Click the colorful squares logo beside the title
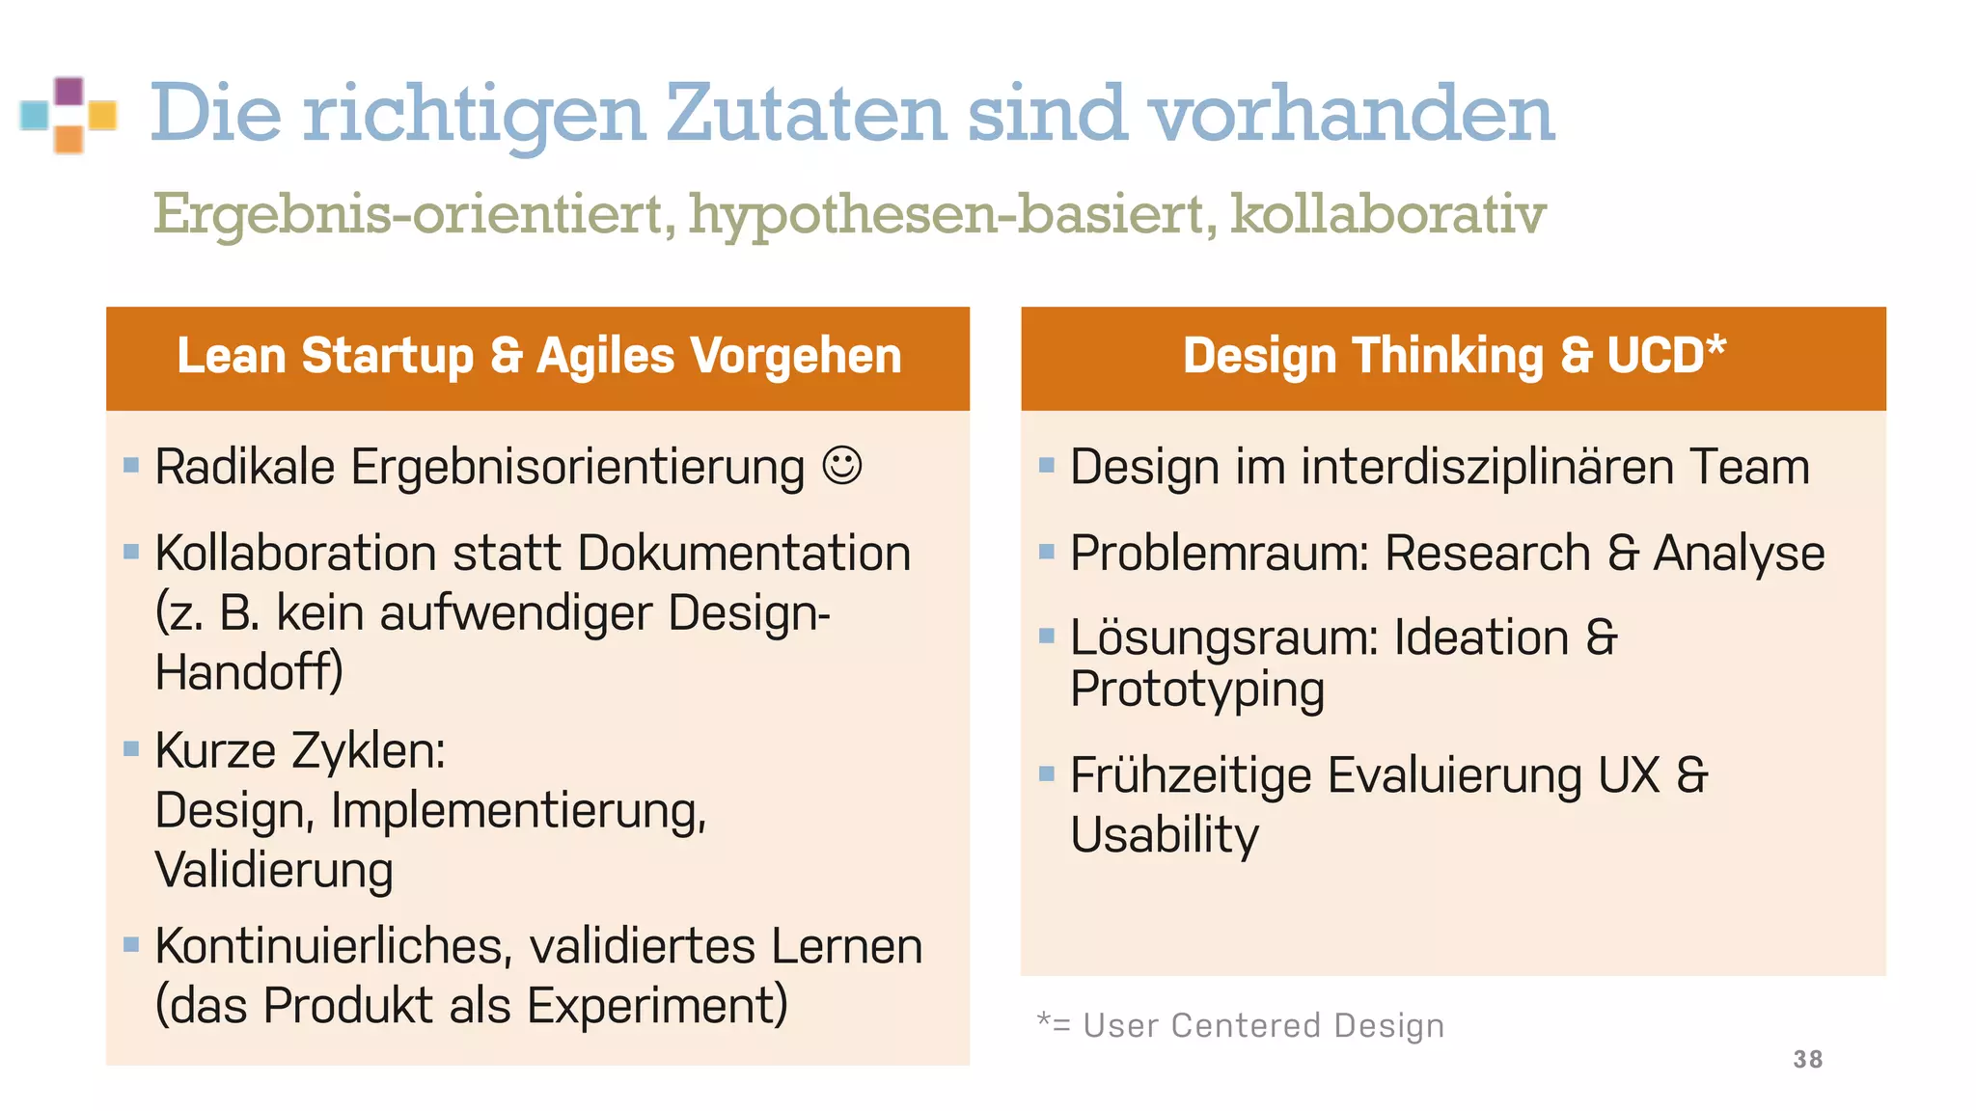[x=69, y=115]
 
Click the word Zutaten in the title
[x=806, y=113]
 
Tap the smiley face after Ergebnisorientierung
[x=841, y=466]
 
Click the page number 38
[x=1807, y=1059]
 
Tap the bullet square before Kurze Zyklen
[x=132, y=748]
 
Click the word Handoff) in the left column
[x=249, y=671]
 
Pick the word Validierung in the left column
[x=274, y=870]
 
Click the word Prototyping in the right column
[x=1196, y=691]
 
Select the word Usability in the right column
[x=1164, y=834]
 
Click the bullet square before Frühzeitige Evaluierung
[x=1047, y=773]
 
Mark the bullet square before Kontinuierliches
[x=132, y=944]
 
